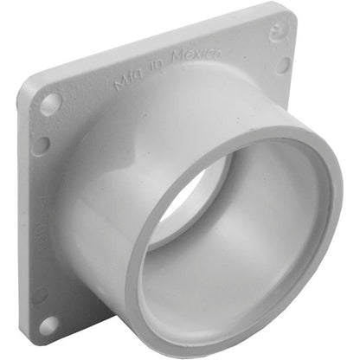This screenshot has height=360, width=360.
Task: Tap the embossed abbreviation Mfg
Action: (127, 81)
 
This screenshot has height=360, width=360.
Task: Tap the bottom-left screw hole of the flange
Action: (48, 325)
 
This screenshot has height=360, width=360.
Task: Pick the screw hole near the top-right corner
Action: (283, 65)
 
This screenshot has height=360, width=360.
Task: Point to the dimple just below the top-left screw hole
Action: (40, 144)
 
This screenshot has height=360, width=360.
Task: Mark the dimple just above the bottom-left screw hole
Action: (39, 294)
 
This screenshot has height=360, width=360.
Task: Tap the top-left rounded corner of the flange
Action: (31, 84)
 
